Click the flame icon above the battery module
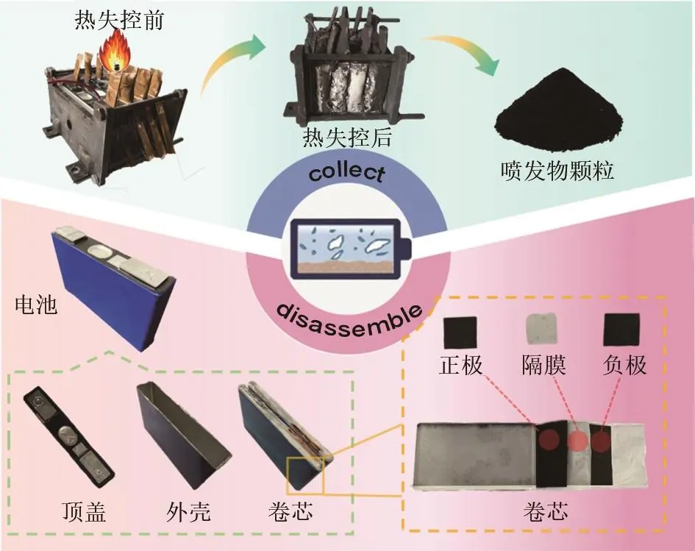pos(114,53)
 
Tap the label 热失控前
pos(119,20)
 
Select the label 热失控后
pos(347,138)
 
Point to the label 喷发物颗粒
pos(557,170)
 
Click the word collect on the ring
pos(347,173)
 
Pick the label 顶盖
pos(85,512)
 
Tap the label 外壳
pos(188,512)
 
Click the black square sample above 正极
pos(460,332)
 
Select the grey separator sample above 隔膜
pos(541,329)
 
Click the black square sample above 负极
pos(622,330)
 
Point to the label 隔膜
pos(543,366)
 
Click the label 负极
pos(625,366)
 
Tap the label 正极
pos(461,366)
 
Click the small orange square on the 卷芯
pos(305,476)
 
